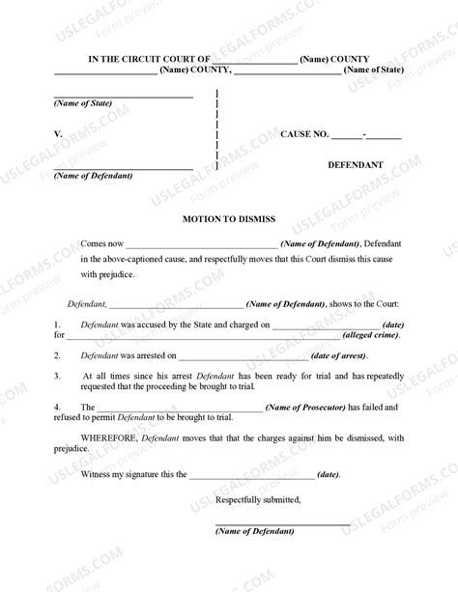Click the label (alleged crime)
click(376, 335)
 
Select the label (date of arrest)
click(330, 355)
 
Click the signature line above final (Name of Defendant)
click(281, 523)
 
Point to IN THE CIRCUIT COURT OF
click(134, 59)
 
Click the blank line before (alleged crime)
click(204, 337)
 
